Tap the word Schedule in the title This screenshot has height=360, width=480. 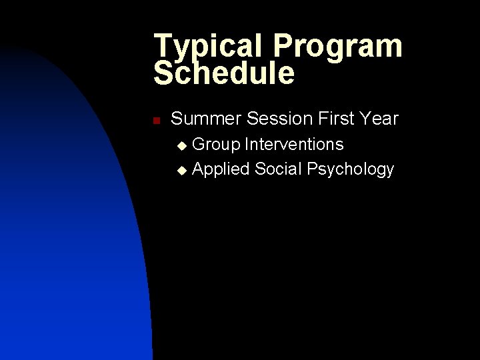point(223,73)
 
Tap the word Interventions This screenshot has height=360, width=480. point(294,144)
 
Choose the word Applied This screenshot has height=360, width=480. point(221,169)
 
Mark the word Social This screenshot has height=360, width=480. point(278,169)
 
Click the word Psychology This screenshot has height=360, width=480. point(350,169)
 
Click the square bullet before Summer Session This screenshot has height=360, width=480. point(155,121)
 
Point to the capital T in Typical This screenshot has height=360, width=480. point(162,47)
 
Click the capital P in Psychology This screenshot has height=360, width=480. point(312,169)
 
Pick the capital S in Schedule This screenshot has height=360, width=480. point(164,73)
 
